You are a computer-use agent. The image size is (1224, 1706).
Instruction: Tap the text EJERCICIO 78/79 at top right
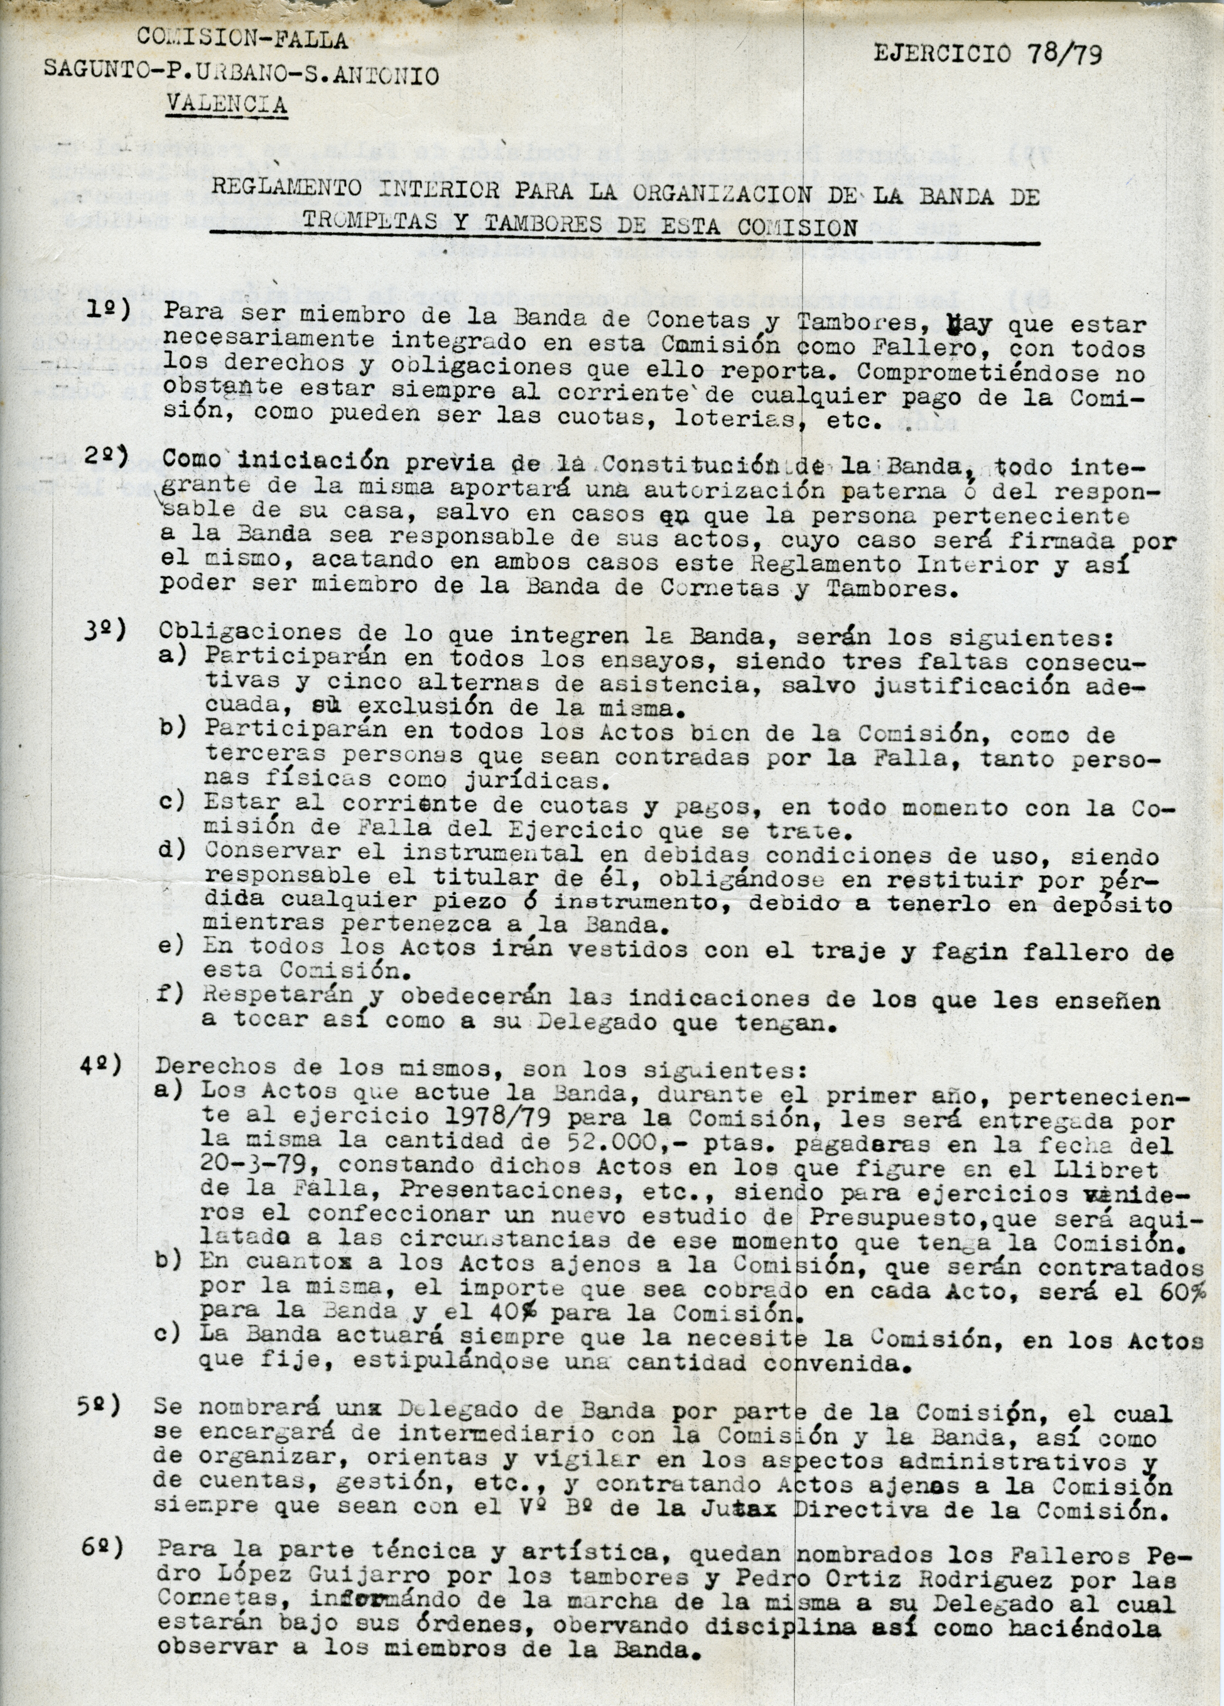coord(988,53)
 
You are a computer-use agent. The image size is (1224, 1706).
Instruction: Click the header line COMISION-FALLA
coord(242,40)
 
